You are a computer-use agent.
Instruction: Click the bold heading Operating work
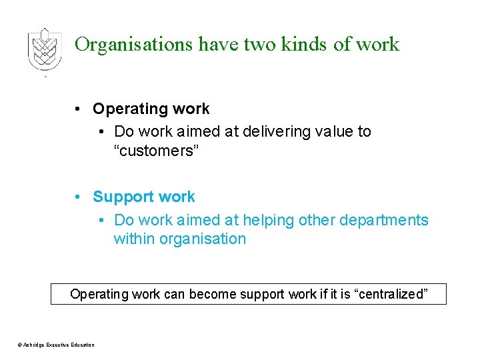[151, 109]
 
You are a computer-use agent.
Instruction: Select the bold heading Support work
[144, 197]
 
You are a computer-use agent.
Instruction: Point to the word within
[134, 239]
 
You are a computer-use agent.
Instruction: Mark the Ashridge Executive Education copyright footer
[56, 345]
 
